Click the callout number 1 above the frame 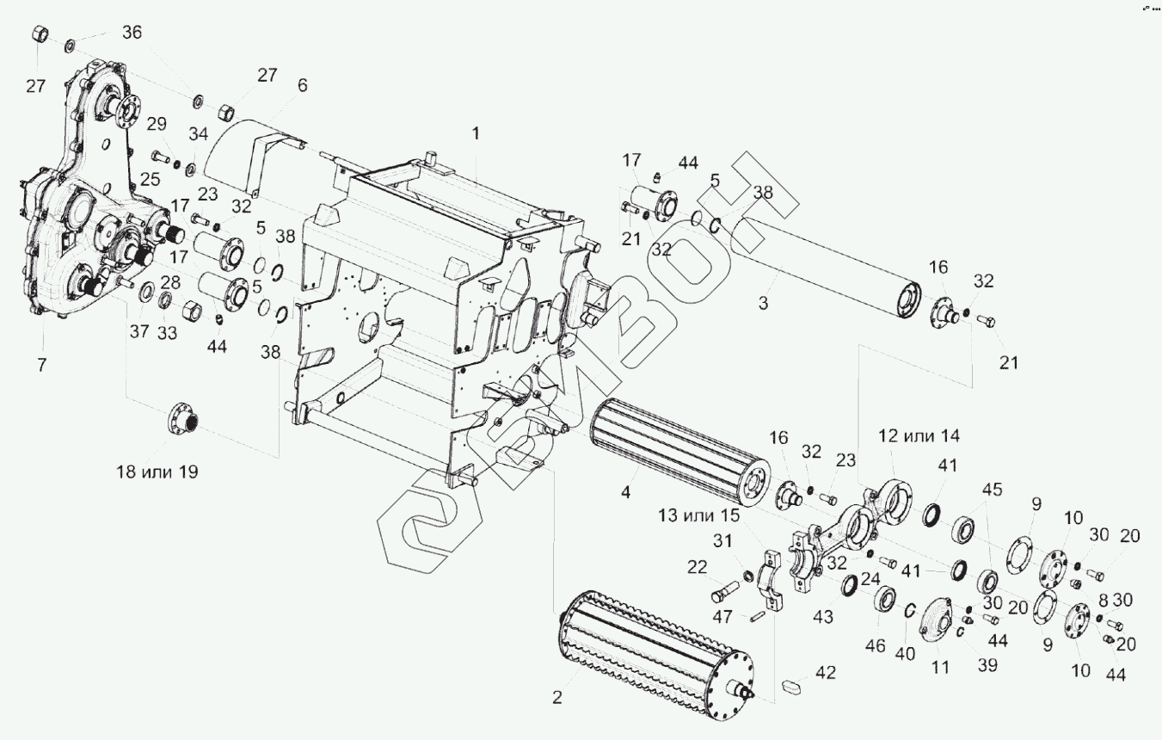click(475, 133)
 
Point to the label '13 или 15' click(699, 515)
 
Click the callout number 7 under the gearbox click(41, 365)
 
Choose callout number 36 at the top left click(132, 32)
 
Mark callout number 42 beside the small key click(825, 673)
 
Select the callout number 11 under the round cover click(939, 665)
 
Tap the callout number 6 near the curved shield click(301, 85)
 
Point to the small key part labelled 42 click(792, 686)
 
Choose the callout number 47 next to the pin click(722, 617)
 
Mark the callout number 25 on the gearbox click(151, 179)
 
